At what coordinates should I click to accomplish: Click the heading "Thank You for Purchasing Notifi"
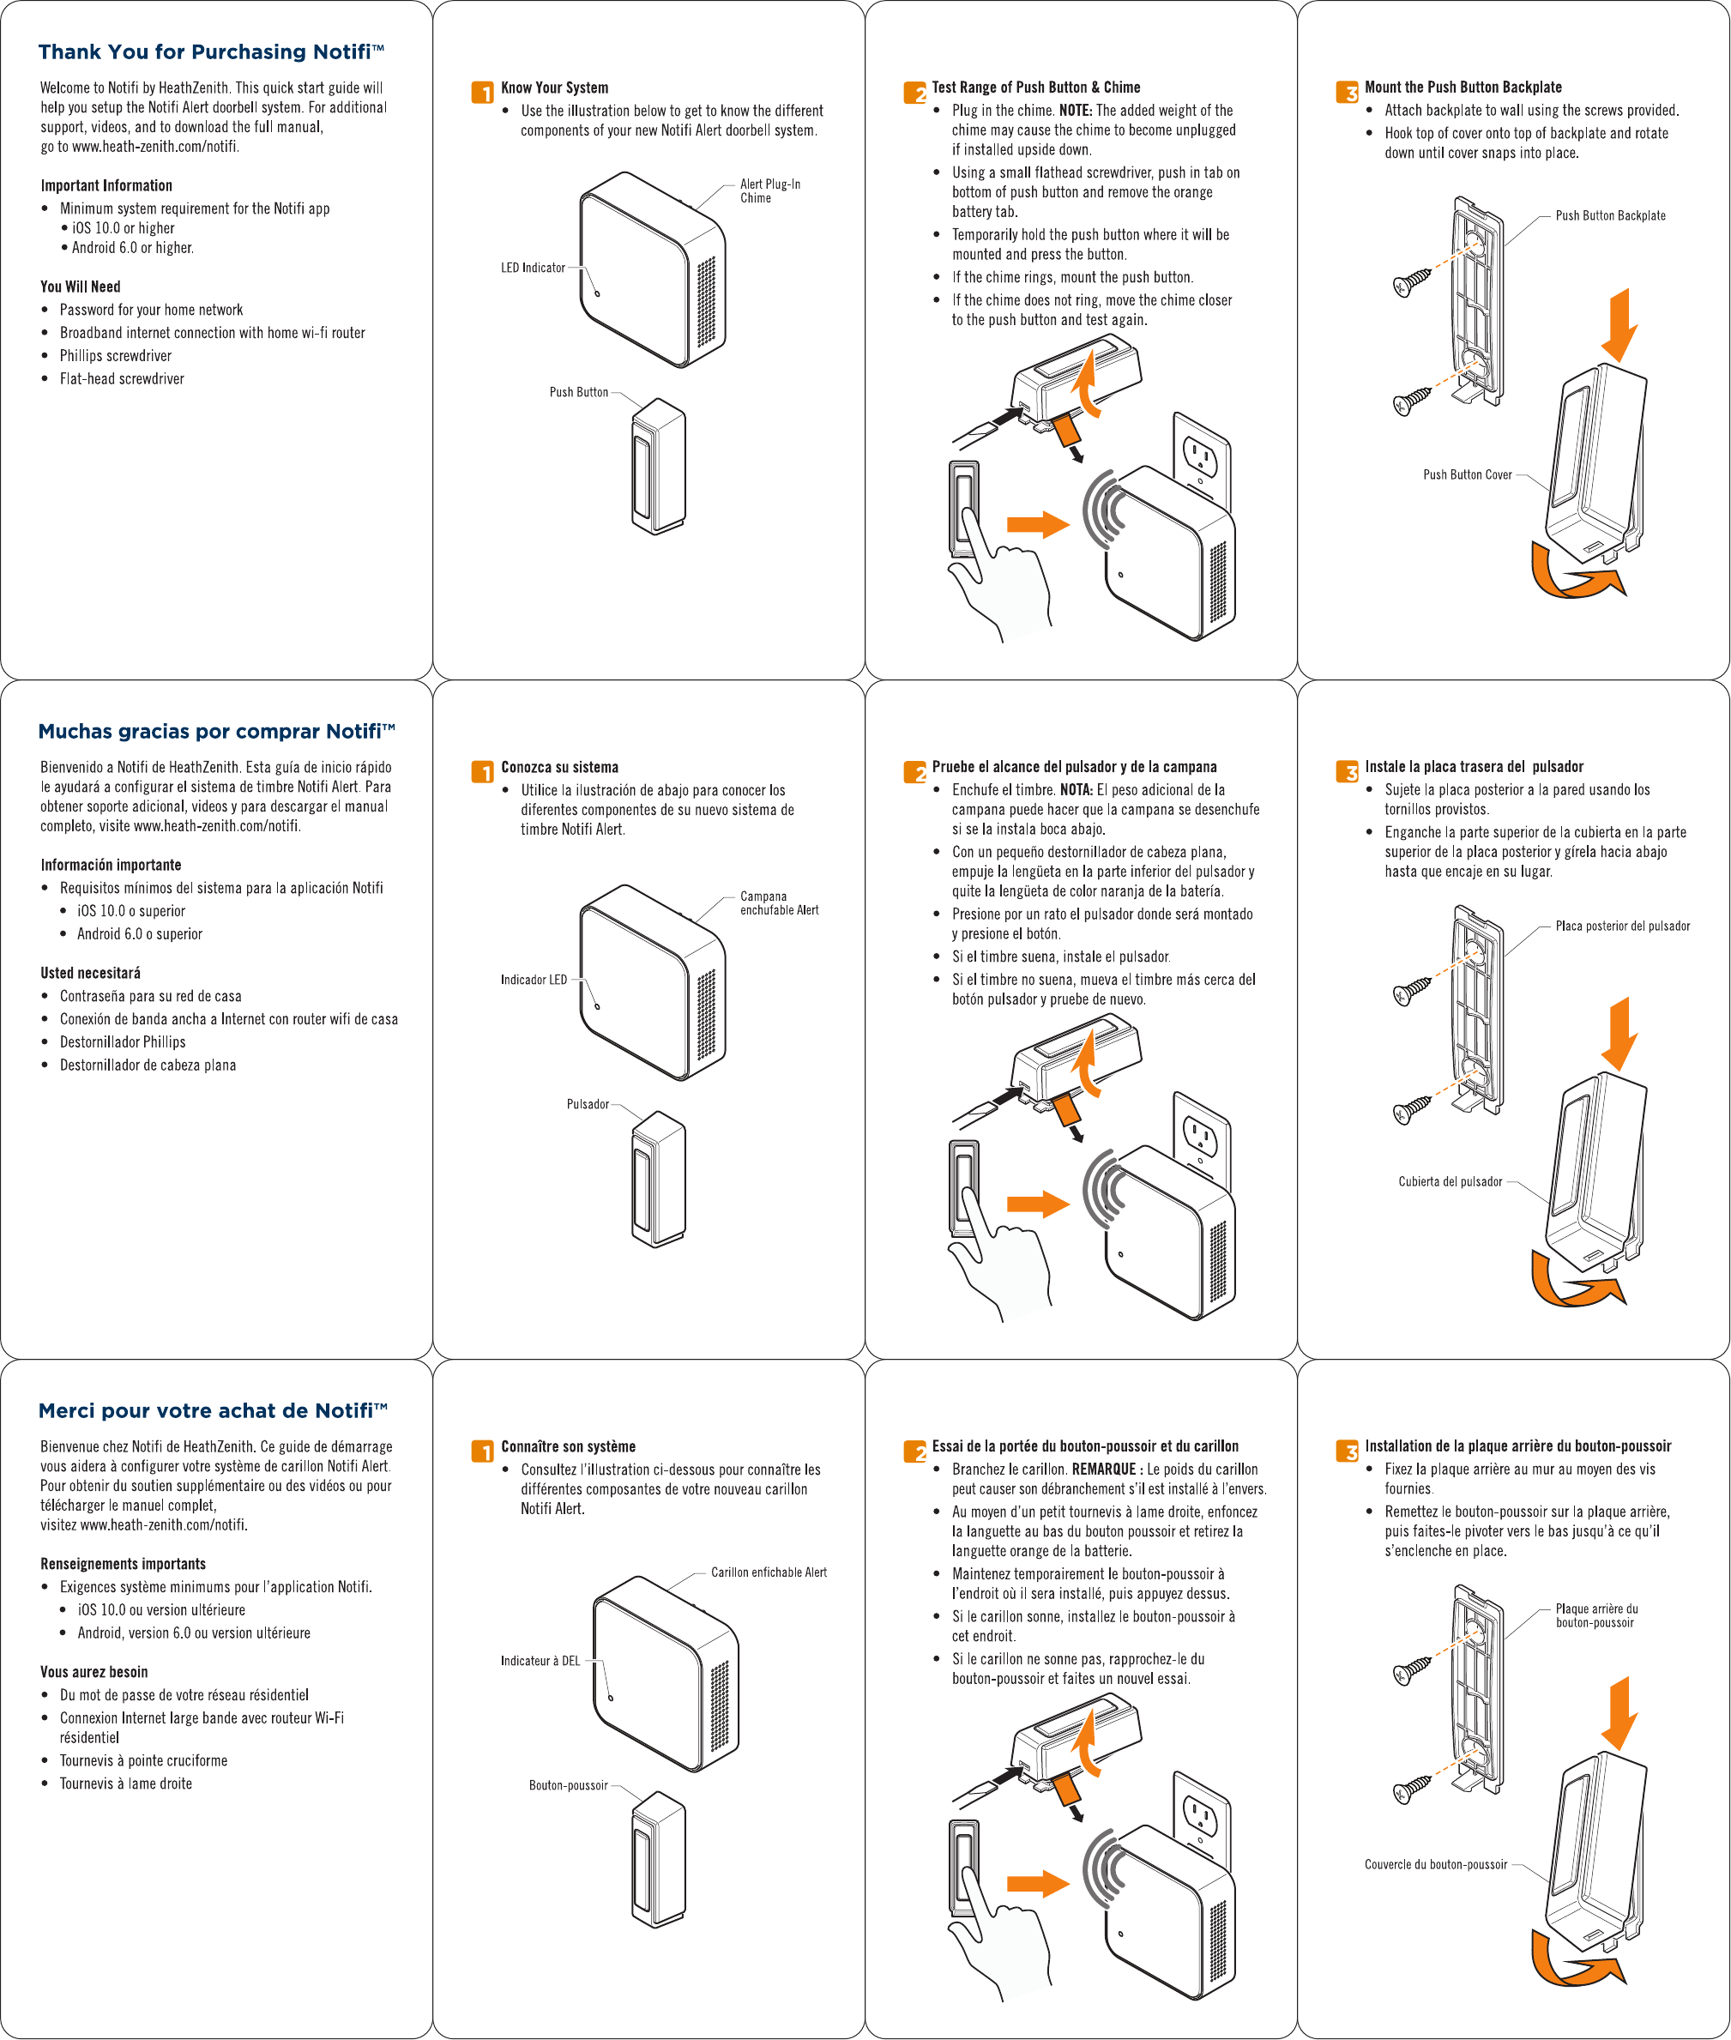(211, 52)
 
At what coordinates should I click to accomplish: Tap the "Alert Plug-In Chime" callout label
(769, 190)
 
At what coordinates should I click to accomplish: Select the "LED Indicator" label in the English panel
(533, 268)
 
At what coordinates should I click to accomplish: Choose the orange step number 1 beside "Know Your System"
(482, 93)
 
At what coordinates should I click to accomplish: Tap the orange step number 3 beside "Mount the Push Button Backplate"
(1347, 93)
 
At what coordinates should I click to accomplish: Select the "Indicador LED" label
(533, 980)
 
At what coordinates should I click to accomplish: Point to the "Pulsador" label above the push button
(587, 1104)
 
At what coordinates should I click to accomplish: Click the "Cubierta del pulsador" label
(1450, 1181)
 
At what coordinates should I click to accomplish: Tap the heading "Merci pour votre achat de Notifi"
(213, 1410)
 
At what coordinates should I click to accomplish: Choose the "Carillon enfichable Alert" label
(769, 1572)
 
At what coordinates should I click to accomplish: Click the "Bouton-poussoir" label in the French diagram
(568, 1785)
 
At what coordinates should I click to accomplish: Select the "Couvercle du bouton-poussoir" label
(1435, 1864)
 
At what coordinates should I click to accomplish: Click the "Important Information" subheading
(106, 185)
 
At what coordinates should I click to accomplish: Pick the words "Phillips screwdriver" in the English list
(116, 356)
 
